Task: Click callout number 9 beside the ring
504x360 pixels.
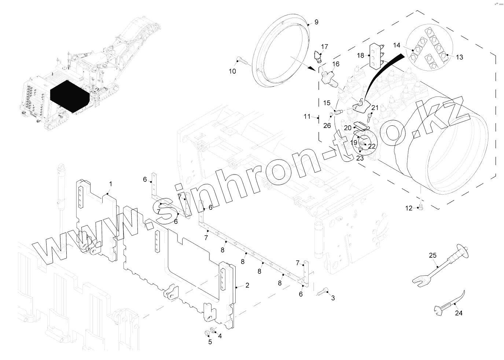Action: click(x=316, y=22)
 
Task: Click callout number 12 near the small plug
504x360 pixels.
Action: click(x=409, y=208)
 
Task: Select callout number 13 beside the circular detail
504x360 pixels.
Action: click(x=459, y=57)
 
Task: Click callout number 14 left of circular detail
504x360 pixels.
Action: click(x=397, y=45)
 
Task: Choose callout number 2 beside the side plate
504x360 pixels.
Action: click(x=247, y=285)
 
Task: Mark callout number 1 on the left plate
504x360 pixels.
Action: click(x=111, y=183)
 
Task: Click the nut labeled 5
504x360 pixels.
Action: click(x=207, y=333)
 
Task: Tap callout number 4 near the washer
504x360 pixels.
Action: click(x=220, y=335)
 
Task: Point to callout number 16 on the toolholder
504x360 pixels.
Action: click(x=335, y=64)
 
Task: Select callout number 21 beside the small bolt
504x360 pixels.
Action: click(x=375, y=107)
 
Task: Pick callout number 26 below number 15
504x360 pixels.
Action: click(x=327, y=125)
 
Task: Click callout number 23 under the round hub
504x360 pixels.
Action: click(x=360, y=158)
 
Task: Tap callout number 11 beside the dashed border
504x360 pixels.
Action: click(x=307, y=117)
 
